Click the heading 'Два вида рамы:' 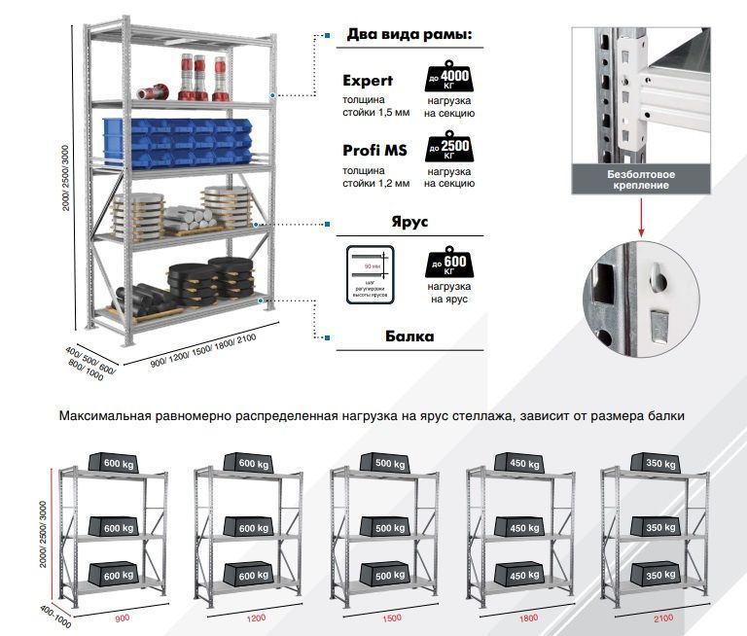[x=409, y=36]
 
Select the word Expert [x=368, y=81]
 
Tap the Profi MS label [x=374, y=151]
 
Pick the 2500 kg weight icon [x=448, y=148]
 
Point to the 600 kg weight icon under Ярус [x=448, y=265]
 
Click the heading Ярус [x=409, y=221]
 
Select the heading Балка [x=409, y=336]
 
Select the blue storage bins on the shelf [x=191, y=139]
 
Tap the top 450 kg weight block [x=517, y=463]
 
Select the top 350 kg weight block [x=654, y=463]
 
